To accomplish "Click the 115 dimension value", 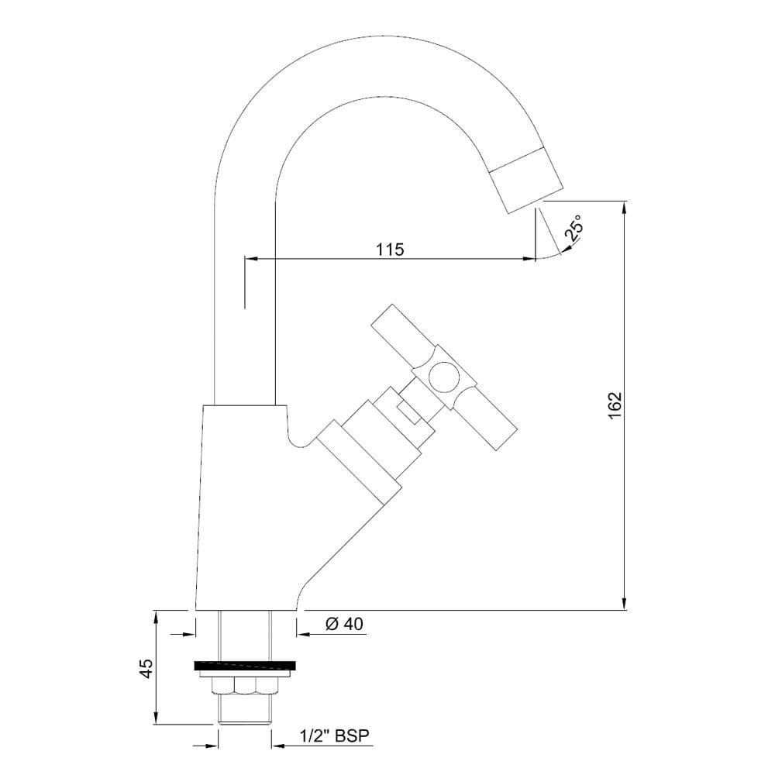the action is click(x=391, y=249).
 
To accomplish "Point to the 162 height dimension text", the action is click(x=614, y=406).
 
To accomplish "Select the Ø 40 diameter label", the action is click(x=345, y=624).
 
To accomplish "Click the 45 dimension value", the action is click(x=146, y=669).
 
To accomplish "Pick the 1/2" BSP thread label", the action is click(x=335, y=736).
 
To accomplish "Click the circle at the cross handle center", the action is click(x=443, y=376).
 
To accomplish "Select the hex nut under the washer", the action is click(x=245, y=686).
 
